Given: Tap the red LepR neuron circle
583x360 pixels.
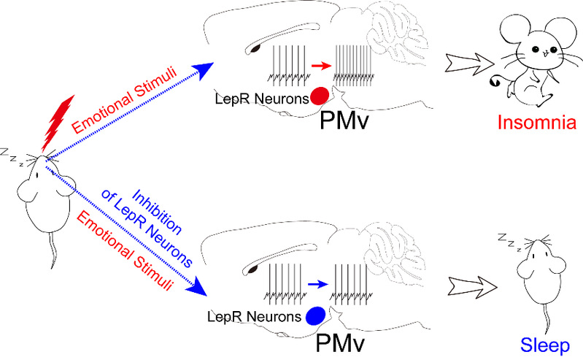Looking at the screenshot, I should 319,95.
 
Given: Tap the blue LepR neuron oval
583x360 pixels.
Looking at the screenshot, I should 315,315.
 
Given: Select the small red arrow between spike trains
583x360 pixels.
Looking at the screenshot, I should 319,66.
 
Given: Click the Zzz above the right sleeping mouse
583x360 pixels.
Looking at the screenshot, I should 510,240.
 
